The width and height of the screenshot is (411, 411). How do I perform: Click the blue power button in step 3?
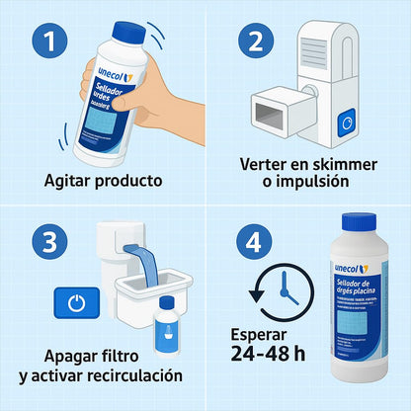coord(75,302)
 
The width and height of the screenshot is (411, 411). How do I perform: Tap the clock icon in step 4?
coord(281,290)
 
